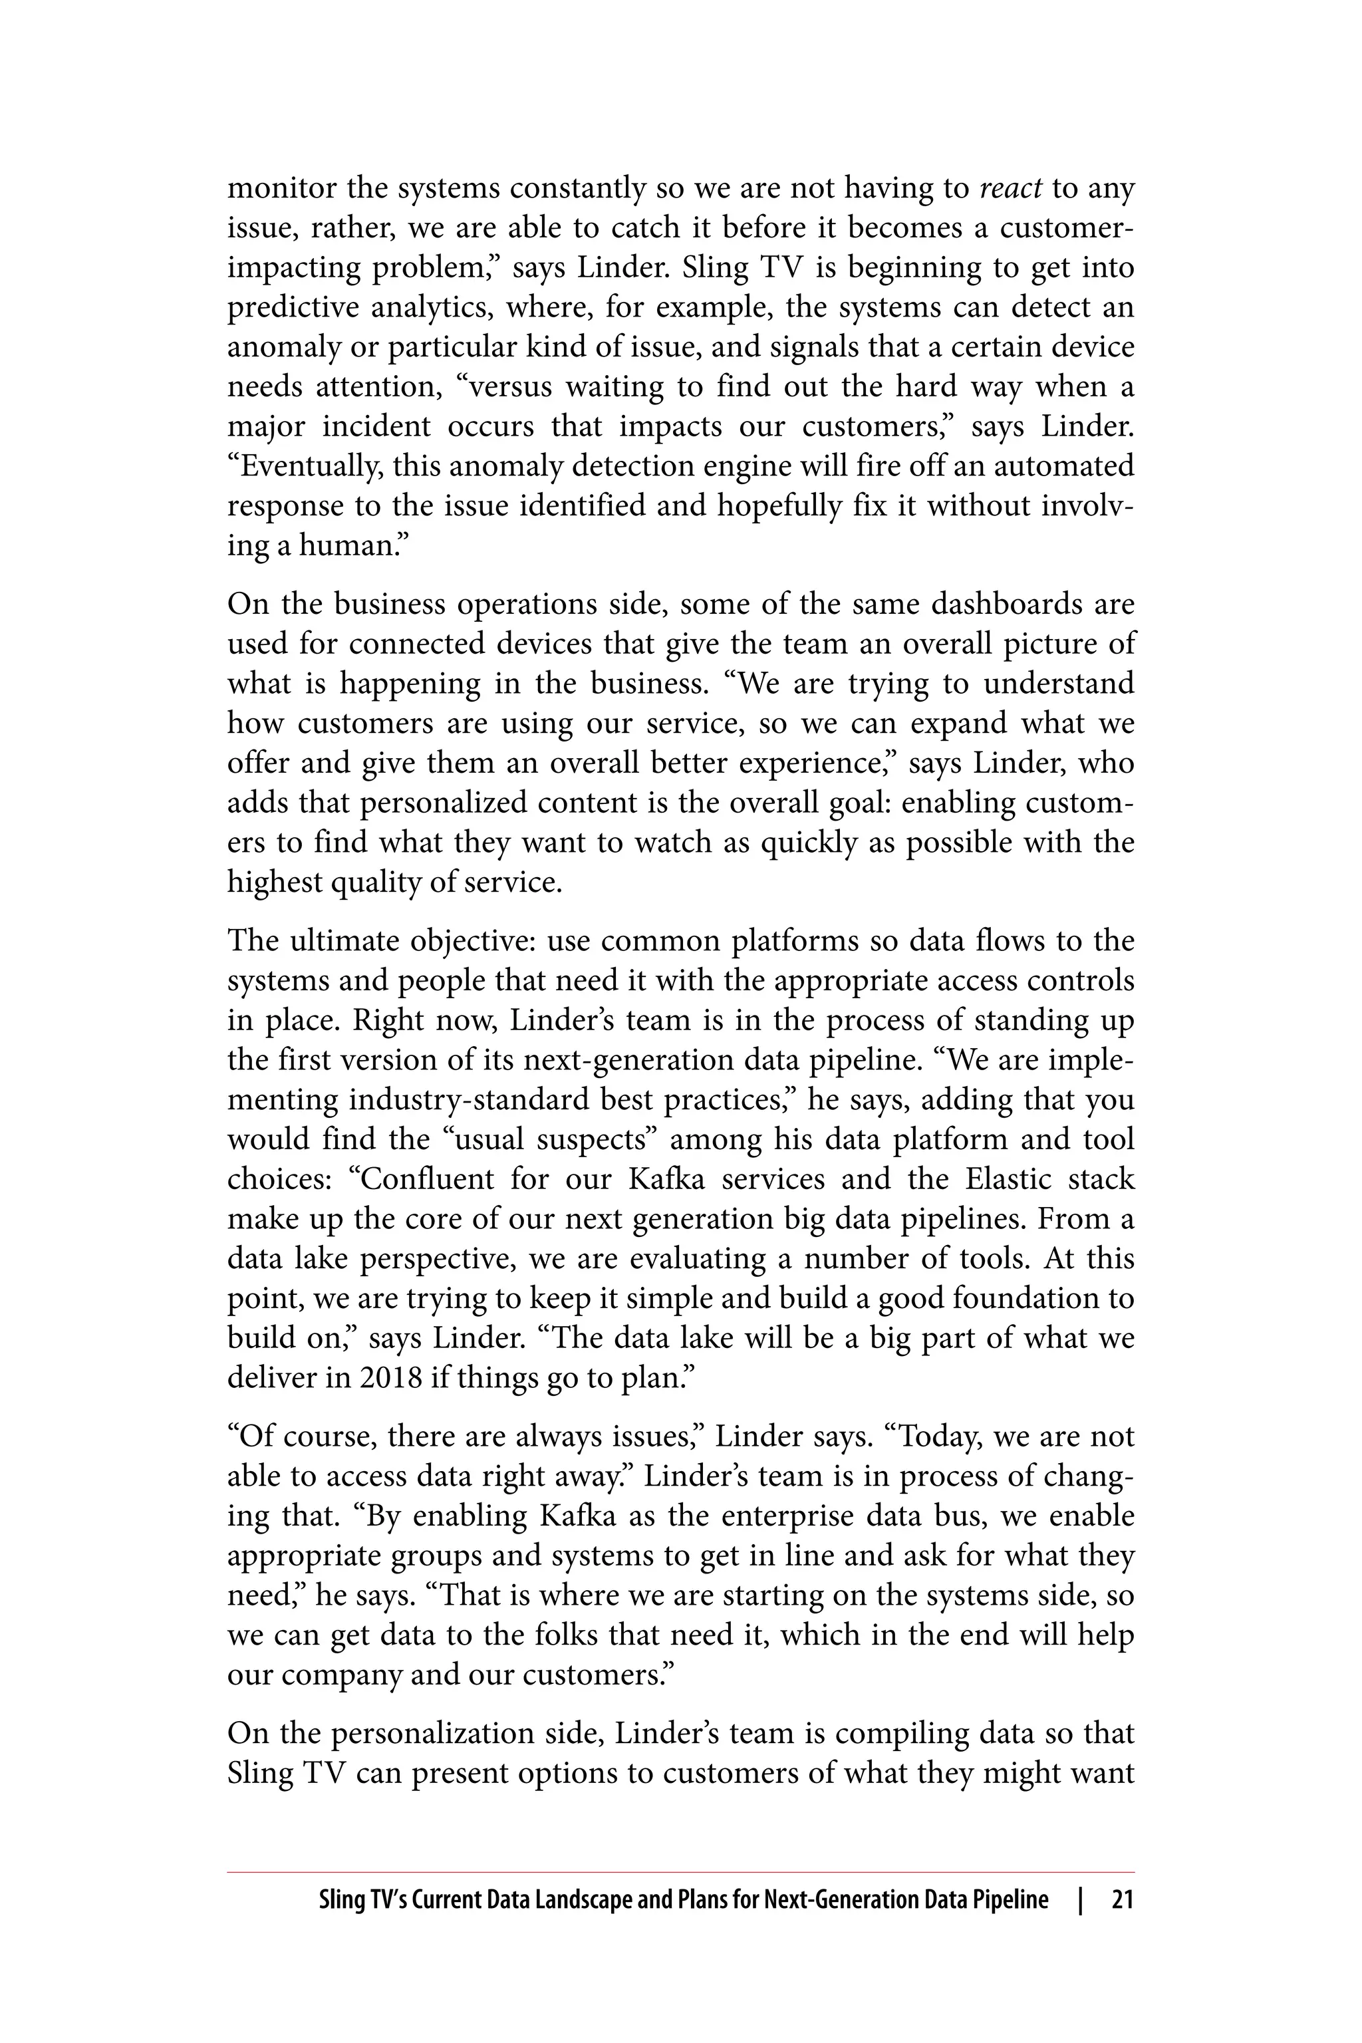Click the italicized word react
point(1010,188)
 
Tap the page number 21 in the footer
point(1123,1899)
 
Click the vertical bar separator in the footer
point(1080,1899)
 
